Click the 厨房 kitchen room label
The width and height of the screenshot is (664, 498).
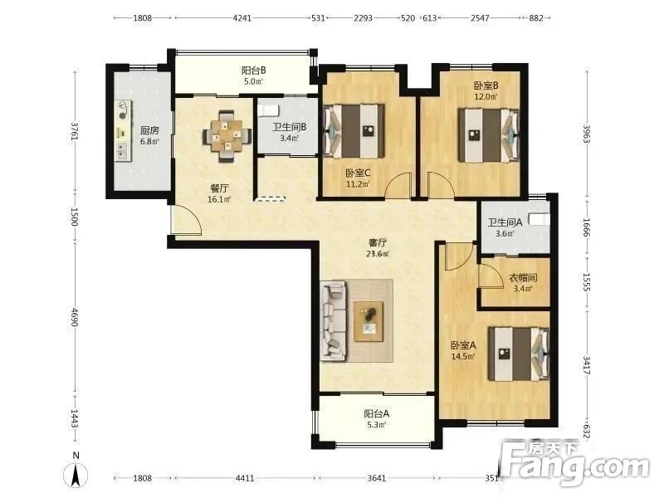pos(149,130)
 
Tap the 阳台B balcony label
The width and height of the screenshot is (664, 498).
pos(254,71)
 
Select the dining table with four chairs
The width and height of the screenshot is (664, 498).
pos(227,135)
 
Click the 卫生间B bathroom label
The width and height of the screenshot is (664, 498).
pos(289,127)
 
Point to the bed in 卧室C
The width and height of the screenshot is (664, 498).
pos(354,131)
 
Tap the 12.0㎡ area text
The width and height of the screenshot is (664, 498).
pos(486,96)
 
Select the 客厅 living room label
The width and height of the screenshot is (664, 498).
pos(378,242)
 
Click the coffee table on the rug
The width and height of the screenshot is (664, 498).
pos(369,321)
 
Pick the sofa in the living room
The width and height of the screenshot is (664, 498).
pos(334,321)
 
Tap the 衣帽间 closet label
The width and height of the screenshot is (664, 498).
pos(523,278)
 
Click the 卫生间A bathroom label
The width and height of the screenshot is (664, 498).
pos(505,222)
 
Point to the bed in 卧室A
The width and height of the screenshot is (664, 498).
pos(520,354)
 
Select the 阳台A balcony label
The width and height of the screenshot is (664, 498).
pos(377,413)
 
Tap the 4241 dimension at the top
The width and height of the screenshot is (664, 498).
pos(242,18)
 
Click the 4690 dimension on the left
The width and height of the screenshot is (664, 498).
pos(75,318)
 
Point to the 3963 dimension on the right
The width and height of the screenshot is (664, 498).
pos(587,134)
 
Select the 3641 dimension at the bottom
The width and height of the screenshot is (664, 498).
pos(377,478)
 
